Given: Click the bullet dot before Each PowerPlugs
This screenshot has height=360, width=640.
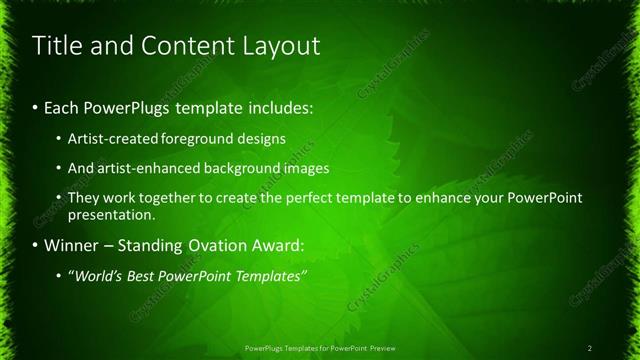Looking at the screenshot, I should pyautogui.click(x=37, y=105).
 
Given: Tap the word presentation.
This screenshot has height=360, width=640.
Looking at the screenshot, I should pyautogui.click(x=110, y=214).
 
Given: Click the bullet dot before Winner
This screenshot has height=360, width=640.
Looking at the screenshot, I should pyautogui.click(x=37, y=245).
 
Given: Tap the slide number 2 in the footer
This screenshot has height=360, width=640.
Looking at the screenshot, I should pyautogui.click(x=590, y=348).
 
